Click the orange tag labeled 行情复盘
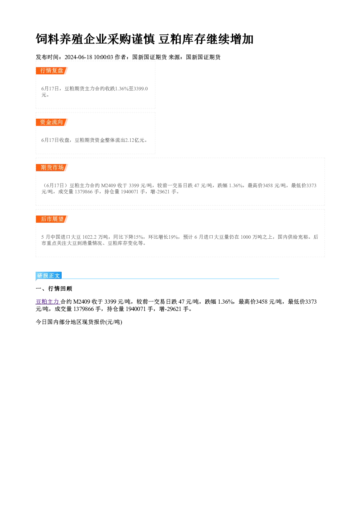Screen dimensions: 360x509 [52, 71]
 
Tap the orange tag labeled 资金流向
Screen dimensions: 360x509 [52, 122]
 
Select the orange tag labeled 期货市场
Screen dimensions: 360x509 [52, 168]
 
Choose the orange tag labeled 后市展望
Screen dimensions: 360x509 [52, 219]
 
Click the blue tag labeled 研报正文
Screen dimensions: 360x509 [49, 276]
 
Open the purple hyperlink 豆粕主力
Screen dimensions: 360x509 [48, 302]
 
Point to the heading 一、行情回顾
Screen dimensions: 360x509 [54, 288]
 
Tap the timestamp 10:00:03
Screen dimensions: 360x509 [103, 57]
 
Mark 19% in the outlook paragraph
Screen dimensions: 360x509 [173, 237]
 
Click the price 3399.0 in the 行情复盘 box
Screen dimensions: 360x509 [141, 89]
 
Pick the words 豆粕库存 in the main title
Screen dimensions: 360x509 [182, 39]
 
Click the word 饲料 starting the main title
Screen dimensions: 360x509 [48, 39]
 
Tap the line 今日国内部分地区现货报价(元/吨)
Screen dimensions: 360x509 [79, 322]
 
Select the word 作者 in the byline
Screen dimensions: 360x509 [120, 57]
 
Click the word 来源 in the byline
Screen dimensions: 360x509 [174, 57]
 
